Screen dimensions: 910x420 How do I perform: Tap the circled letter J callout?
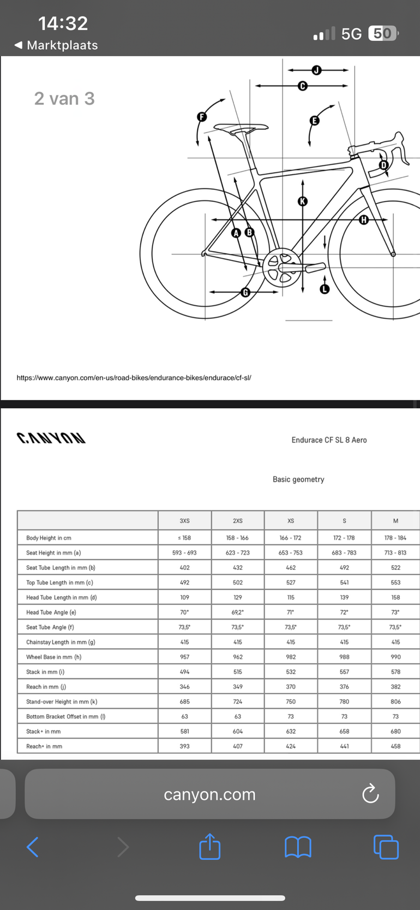click(x=316, y=70)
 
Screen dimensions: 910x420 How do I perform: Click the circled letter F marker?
click(x=201, y=116)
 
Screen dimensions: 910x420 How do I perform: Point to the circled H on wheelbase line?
click(x=364, y=219)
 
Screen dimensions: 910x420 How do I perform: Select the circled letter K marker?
click(x=302, y=201)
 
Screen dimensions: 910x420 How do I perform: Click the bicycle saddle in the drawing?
click(x=241, y=128)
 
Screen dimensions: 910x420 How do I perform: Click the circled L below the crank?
click(x=325, y=289)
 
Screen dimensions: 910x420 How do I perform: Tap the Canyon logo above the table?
click(x=51, y=438)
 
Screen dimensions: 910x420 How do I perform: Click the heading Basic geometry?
click(x=298, y=479)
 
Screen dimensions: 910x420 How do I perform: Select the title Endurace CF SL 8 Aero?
click(x=329, y=440)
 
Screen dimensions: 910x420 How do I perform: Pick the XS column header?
click(x=291, y=521)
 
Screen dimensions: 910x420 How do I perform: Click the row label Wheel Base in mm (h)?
click(x=53, y=657)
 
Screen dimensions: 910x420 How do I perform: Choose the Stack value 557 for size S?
click(x=344, y=672)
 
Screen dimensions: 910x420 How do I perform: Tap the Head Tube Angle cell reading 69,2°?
click(x=238, y=612)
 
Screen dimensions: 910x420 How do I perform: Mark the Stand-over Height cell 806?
click(x=395, y=701)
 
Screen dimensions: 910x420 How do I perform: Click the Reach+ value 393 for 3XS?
click(x=184, y=746)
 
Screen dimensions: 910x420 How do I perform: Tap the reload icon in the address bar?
click(x=370, y=794)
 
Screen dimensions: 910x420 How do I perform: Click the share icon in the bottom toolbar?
click(x=210, y=847)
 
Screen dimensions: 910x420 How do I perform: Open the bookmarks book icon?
click(x=298, y=847)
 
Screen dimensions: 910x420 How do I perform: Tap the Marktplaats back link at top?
click(x=57, y=45)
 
